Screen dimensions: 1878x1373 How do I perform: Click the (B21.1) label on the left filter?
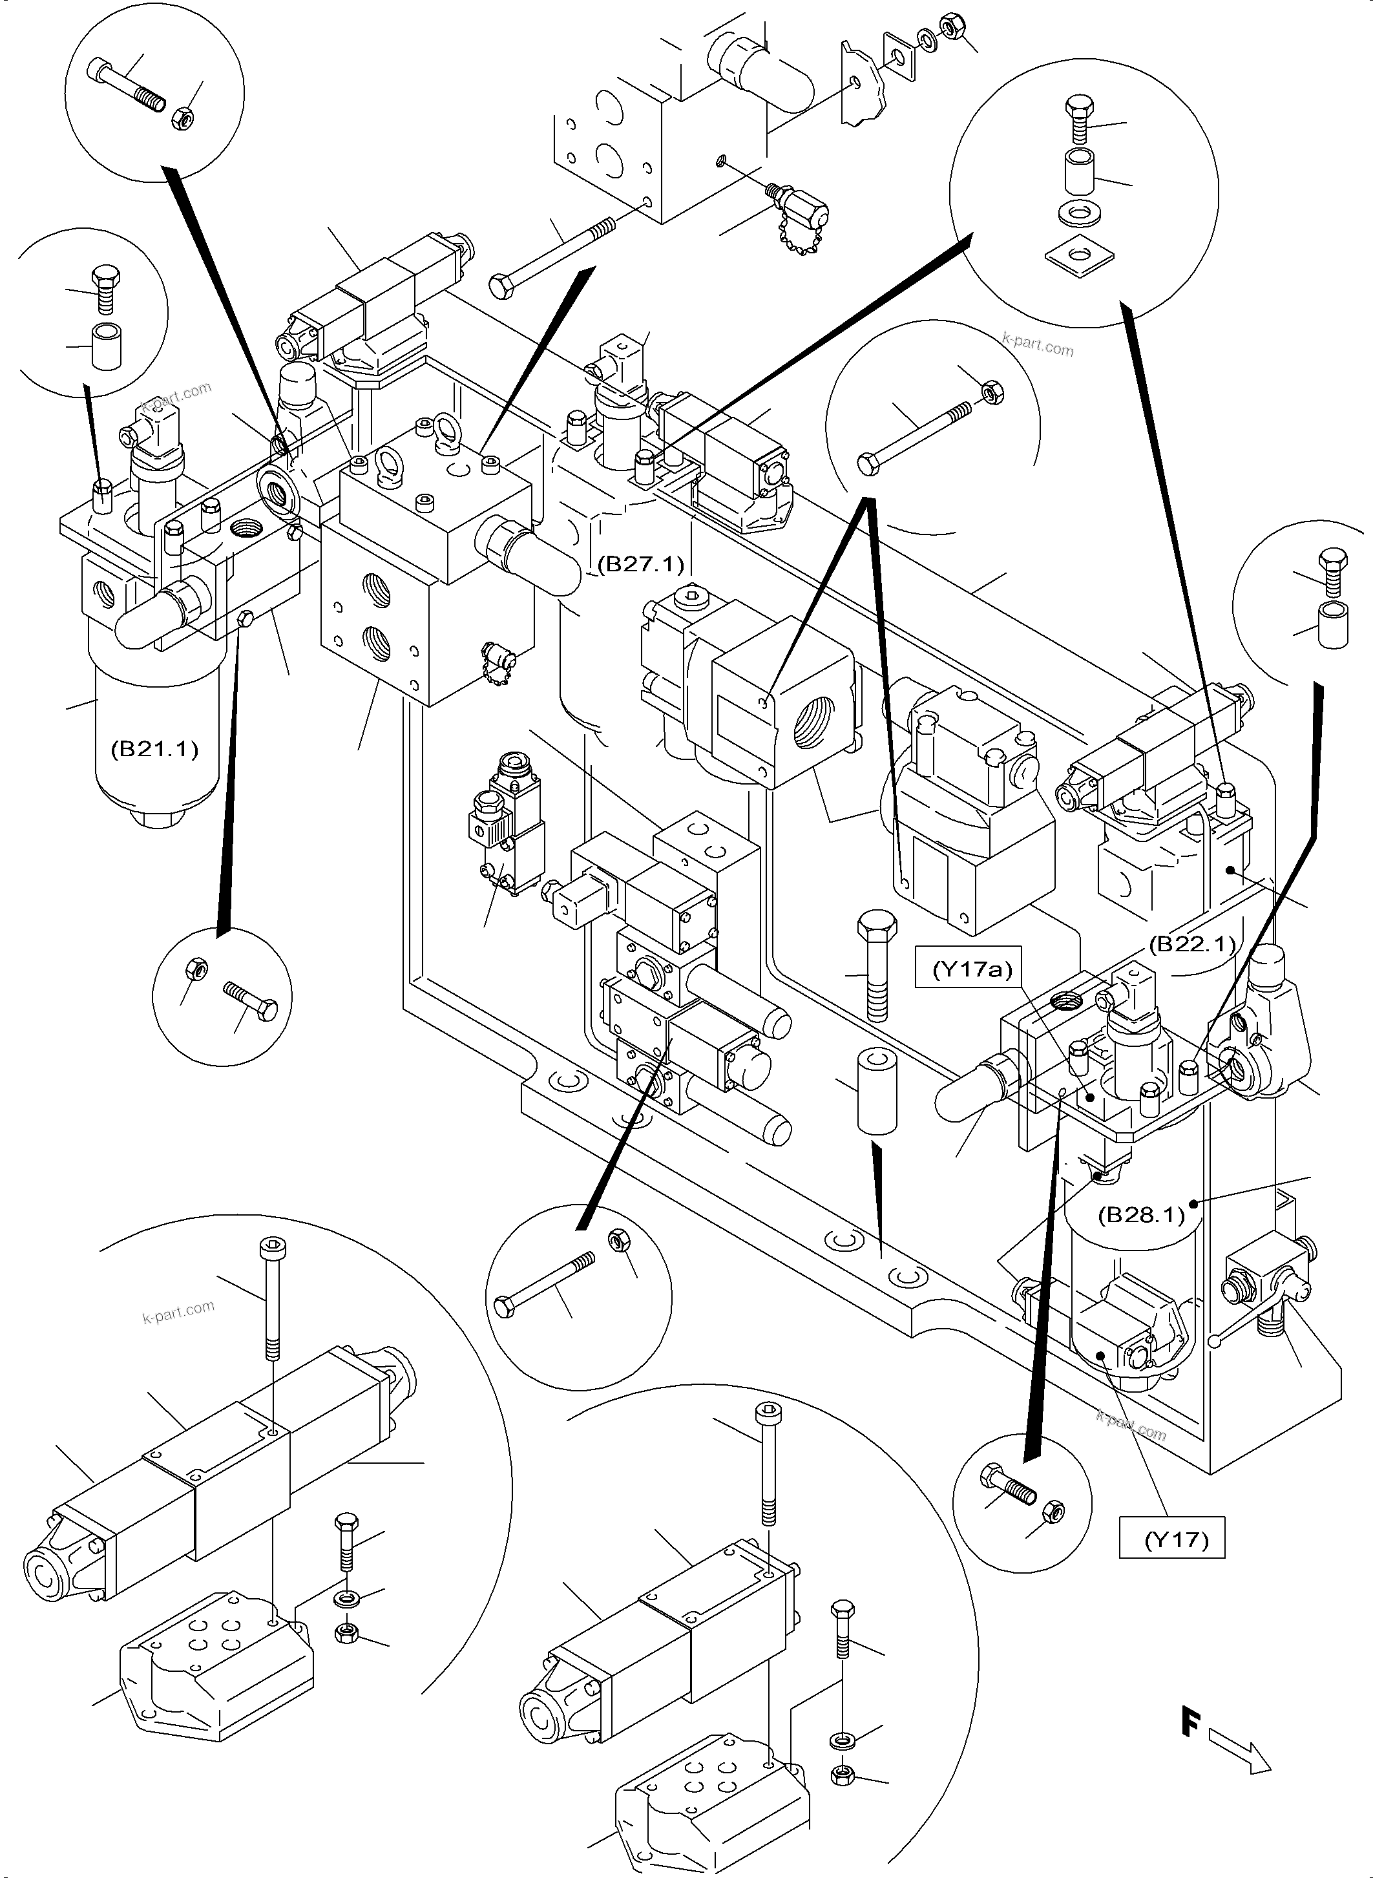[x=154, y=749]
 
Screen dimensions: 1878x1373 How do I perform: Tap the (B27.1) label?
[x=640, y=564]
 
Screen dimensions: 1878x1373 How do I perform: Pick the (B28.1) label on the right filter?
[x=1140, y=1214]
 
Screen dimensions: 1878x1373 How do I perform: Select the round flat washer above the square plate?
[x=1078, y=215]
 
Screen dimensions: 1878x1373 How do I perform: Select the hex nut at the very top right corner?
[x=949, y=26]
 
